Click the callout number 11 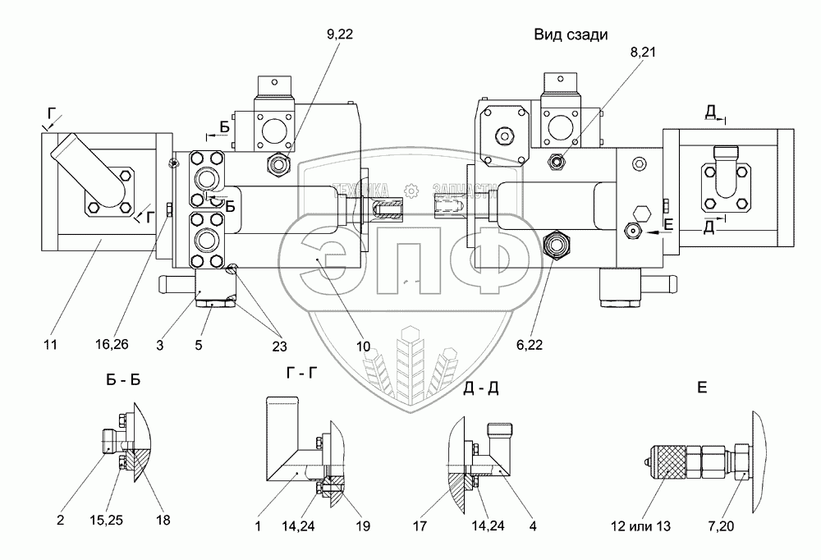click(50, 344)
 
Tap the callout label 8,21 click(643, 52)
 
